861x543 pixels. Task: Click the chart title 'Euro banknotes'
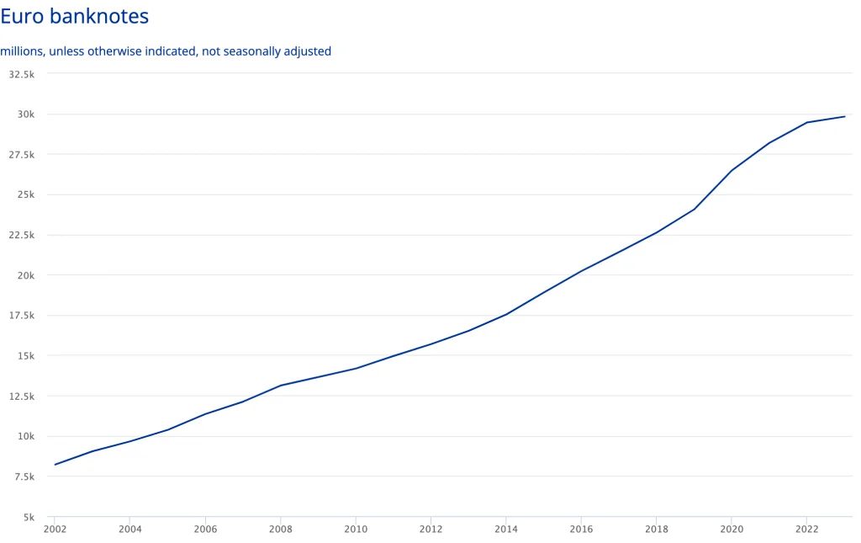[x=75, y=17]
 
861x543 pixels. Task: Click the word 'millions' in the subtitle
[x=22, y=51]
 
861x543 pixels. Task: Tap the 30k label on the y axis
[x=25, y=114]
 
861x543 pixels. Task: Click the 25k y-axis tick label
[x=25, y=194]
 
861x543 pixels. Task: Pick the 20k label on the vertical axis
[x=25, y=275]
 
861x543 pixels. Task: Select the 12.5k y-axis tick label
[x=21, y=396]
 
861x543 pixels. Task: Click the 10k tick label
[x=25, y=436]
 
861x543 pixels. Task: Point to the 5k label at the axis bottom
[x=28, y=517]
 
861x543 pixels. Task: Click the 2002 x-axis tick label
[x=55, y=530]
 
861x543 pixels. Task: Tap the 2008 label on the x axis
[x=280, y=530]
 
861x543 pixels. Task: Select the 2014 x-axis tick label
[x=506, y=530]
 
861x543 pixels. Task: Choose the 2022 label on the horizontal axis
[x=807, y=530]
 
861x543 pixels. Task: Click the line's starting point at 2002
[x=55, y=465]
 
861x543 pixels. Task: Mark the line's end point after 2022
[x=844, y=116]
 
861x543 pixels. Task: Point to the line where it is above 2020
[x=732, y=171]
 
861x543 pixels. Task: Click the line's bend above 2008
[x=280, y=386]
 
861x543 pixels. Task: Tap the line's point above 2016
[x=581, y=271]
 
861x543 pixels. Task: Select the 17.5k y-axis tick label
[x=21, y=316]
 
